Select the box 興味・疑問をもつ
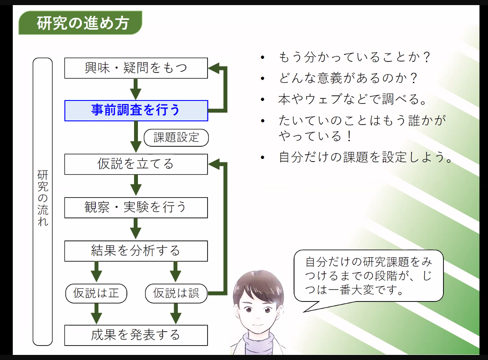[x=136, y=68]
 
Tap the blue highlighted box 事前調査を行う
[x=136, y=110]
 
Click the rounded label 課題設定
[x=176, y=137]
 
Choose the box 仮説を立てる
[x=136, y=164]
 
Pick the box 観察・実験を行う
[x=136, y=207]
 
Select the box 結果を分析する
[x=136, y=251]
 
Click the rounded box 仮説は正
[x=96, y=293]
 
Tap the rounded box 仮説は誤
[x=176, y=293]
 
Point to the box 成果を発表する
[x=136, y=335]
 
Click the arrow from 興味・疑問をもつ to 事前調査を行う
[x=136, y=89]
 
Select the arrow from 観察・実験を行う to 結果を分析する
[x=136, y=229]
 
